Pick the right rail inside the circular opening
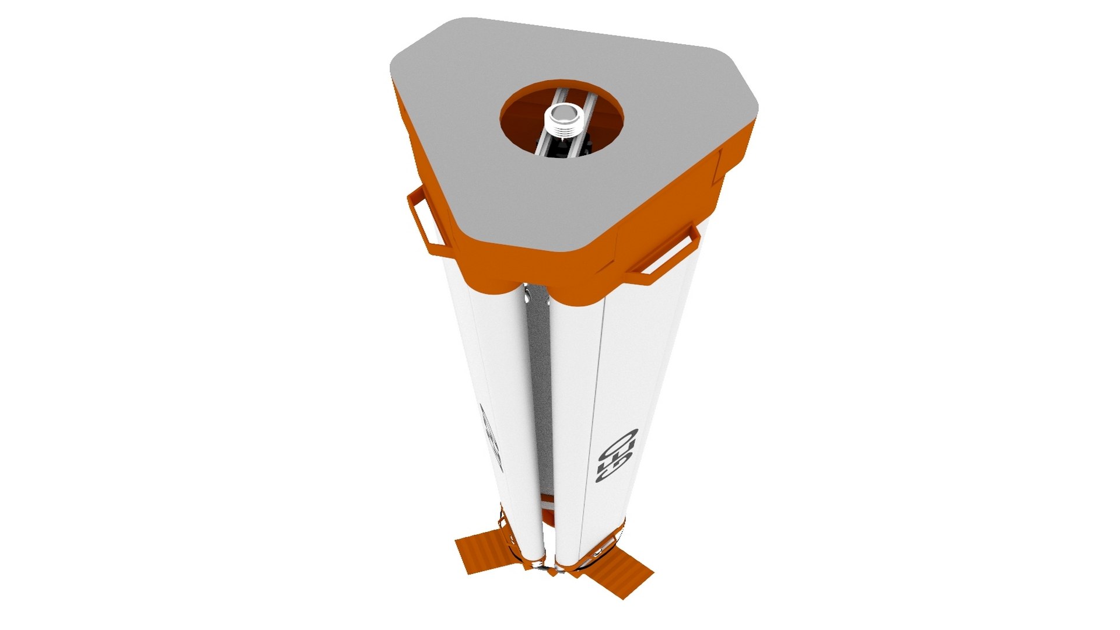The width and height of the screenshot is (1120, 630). coord(583,125)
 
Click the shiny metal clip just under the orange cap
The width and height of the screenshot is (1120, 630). coord(528,295)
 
